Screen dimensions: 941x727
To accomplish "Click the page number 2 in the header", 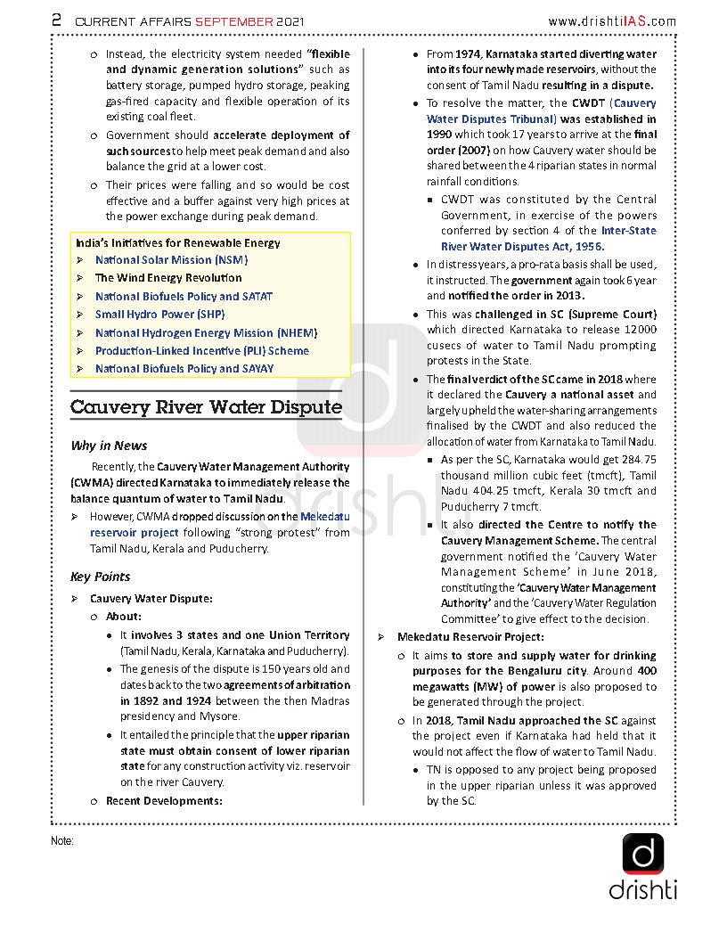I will (x=56, y=20).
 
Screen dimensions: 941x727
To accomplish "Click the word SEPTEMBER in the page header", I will (x=233, y=21).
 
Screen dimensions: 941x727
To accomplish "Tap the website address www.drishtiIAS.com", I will (x=611, y=21).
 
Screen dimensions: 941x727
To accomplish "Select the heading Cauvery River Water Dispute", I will (x=206, y=407).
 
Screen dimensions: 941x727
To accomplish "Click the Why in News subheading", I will (x=109, y=446).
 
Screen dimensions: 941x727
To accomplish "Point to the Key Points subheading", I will (x=100, y=577).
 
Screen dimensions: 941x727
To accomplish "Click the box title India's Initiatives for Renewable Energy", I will (x=176, y=242).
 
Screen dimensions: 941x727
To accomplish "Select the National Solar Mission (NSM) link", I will (x=171, y=260).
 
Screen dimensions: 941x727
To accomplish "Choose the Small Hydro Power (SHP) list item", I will (x=159, y=315).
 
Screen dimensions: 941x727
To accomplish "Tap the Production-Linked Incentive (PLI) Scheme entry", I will (x=201, y=351).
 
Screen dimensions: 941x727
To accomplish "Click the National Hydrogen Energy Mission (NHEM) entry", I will (x=206, y=333).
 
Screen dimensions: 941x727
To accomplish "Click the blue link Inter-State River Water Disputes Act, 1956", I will (x=548, y=239).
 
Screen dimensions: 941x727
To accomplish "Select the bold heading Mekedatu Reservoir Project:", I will (x=470, y=637).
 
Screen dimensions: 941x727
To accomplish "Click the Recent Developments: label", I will (x=164, y=801).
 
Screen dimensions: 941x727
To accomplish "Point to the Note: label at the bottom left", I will (x=62, y=841).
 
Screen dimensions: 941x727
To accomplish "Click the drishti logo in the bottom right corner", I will (x=642, y=865).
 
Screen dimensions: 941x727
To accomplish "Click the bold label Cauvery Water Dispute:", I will (x=151, y=599).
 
